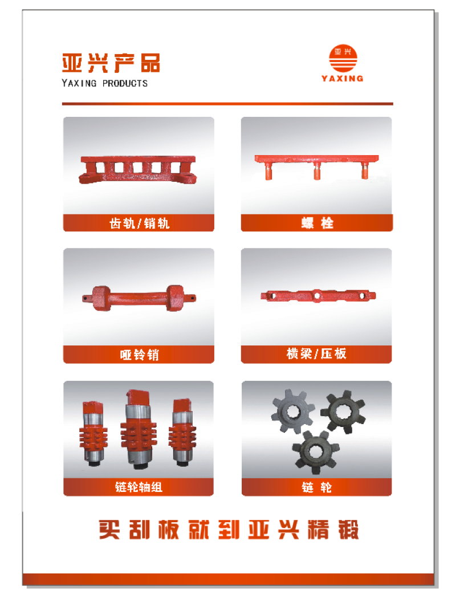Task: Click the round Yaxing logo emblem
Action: coord(343,58)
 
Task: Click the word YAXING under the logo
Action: coord(343,78)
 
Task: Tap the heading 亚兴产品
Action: coord(111,63)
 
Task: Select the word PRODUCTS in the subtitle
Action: coord(125,83)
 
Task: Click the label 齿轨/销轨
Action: coord(139,223)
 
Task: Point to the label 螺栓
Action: coord(317,223)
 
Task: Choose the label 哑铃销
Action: coord(139,355)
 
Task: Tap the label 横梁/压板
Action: coord(316,353)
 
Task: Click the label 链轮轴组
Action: coord(139,487)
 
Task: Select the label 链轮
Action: coord(317,487)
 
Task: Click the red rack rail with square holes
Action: coord(138,169)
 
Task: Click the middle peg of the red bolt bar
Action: coord(317,172)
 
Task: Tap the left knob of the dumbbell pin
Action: coord(101,298)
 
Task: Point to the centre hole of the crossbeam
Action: coord(317,296)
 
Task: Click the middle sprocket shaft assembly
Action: coord(139,429)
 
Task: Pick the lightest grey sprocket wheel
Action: coord(293,411)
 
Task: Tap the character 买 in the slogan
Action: coord(109,530)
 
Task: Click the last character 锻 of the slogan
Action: coord(348,530)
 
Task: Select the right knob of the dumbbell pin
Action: coord(176,298)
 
